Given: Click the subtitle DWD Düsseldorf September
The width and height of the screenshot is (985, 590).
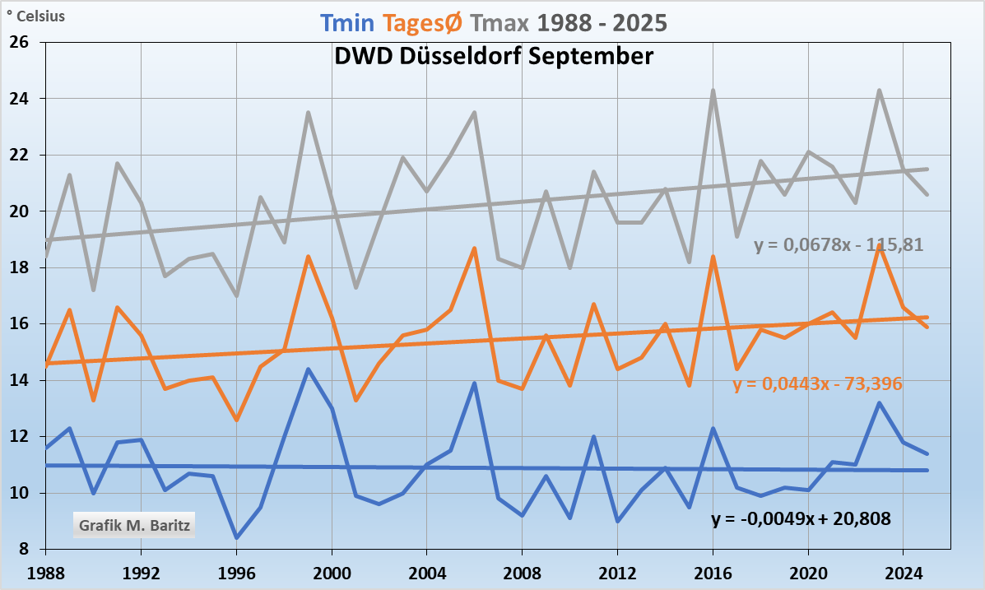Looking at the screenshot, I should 494,56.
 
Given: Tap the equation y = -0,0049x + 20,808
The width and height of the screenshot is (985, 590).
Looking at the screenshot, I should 801,518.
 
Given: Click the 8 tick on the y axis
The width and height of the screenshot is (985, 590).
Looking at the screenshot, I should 24,550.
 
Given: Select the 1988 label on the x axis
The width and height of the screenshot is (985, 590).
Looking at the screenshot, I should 46,570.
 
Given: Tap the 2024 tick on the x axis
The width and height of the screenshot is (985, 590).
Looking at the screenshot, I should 904,570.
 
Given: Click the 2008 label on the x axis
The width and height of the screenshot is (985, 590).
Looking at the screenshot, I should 523,570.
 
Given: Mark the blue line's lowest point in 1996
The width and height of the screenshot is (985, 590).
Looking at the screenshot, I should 236,538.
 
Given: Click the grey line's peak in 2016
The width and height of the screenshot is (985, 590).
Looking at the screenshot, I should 713,90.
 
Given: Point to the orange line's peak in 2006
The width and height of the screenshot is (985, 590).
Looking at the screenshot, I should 475,248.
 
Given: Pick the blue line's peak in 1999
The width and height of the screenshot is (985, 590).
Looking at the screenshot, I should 308,369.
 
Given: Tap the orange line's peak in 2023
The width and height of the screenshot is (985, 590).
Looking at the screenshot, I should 880,244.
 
